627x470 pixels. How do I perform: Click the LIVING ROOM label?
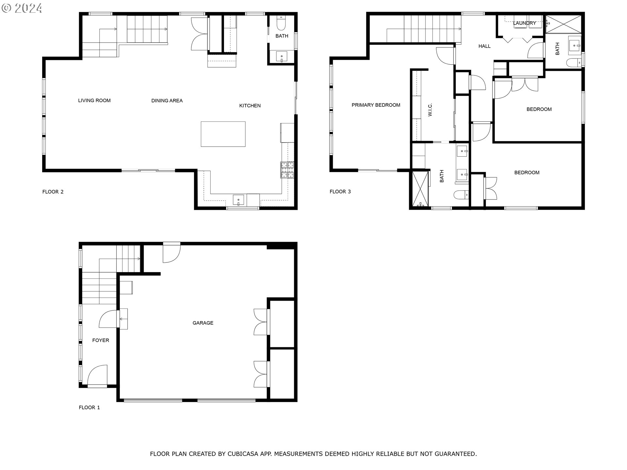pos(94,101)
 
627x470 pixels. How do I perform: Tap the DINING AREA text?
pos(167,101)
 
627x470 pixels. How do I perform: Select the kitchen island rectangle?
pos(223,134)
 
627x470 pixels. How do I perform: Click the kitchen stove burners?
pos(287,170)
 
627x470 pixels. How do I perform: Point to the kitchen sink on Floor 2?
pos(238,200)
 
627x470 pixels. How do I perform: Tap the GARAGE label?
pos(203,323)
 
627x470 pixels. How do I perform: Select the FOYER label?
pos(101,340)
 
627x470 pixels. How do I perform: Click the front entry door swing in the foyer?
pos(97,375)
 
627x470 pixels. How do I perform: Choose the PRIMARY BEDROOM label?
pos(376,105)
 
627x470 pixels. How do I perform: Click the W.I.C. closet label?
pos(430,110)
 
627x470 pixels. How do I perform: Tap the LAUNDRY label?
pos(524,23)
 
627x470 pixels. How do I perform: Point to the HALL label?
pos(485,46)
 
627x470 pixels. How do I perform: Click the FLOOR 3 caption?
pos(340,192)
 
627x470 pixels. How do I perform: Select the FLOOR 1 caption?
pos(89,407)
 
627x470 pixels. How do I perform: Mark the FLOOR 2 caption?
pos(53,192)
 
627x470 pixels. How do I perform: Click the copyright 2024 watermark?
pos(22,8)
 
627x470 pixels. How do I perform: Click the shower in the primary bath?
pos(420,189)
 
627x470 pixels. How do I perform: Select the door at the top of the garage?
pos(171,252)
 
